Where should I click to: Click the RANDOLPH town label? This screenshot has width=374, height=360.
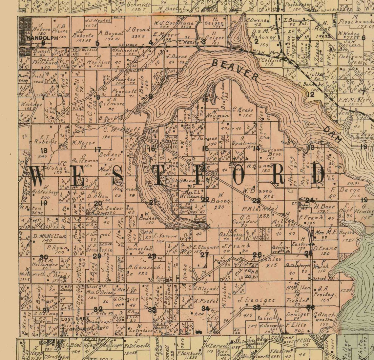tap(42, 38)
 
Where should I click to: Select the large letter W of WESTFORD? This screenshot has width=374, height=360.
tap(40, 176)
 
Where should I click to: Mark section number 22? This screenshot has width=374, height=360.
tap(205, 200)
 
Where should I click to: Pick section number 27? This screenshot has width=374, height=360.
tap(204, 254)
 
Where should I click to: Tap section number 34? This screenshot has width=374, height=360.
tap(205, 309)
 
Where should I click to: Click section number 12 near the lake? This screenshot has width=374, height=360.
tap(310, 95)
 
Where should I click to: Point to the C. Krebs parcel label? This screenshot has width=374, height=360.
tap(242, 110)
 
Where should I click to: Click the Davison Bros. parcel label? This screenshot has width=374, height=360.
tap(271, 152)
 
